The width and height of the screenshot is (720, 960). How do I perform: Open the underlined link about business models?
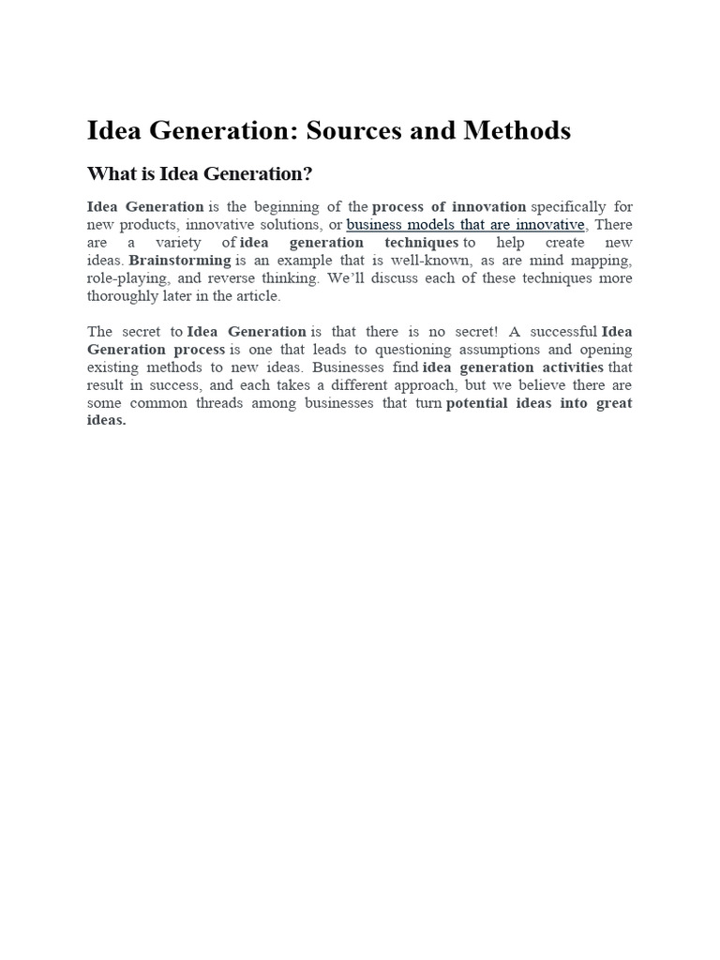pos(465,225)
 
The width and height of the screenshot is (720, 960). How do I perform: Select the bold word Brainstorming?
pos(180,261)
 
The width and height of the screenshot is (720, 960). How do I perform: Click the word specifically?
pos(568,206)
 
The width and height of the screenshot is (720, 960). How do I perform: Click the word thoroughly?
pos(124,296)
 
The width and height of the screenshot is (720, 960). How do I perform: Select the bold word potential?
pos(481,402)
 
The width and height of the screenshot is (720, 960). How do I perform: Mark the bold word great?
pos(614,402)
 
